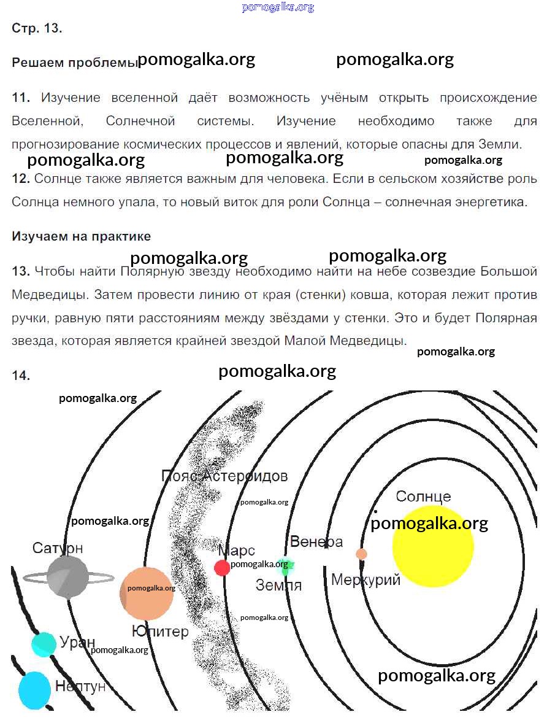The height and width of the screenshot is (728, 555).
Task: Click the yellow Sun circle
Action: [433, 546]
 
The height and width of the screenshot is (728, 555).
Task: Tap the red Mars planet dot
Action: [222, 567]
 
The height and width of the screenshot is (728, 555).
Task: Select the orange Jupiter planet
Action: [147, 594]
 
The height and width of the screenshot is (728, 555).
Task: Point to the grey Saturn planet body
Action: [67, 576]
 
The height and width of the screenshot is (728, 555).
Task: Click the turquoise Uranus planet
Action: [44, 644]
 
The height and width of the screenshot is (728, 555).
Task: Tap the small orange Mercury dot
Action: [362, 554]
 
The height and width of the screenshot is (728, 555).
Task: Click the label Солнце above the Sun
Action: [423, 497]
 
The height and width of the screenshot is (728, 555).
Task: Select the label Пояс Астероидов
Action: [224, 476]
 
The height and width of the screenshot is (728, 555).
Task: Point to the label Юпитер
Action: [160, 631]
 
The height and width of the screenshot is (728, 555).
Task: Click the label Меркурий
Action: [366, 579]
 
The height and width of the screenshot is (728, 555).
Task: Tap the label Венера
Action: [316, 542]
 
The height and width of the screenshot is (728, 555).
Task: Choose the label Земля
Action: [279, 585]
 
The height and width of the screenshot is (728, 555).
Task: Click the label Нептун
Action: [80, 686]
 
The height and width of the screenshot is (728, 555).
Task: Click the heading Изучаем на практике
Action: [81, 236]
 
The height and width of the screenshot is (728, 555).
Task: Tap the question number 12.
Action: [20, 179]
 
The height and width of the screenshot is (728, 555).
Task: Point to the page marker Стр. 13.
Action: [37, 28]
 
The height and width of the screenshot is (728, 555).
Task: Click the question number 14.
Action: [20, 376]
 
